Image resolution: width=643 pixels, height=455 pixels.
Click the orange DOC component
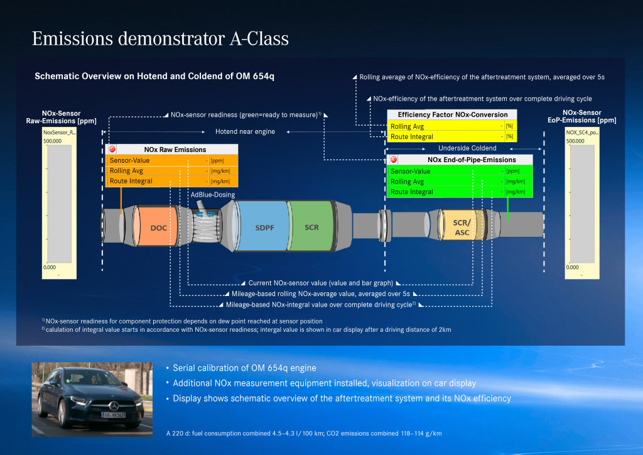coord(158,227)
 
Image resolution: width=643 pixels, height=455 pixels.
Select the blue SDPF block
coord(263,227)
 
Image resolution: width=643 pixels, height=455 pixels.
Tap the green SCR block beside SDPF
coord(311,227)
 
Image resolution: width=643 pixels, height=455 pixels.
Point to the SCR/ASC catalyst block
coord(462,227)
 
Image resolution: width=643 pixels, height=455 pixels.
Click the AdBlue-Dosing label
coord(213,195)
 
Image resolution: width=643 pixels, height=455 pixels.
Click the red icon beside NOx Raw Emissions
coord(112,150)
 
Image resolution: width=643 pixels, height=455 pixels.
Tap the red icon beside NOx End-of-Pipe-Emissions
coord(394,160)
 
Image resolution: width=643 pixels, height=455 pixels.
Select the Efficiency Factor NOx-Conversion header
coord(453,114)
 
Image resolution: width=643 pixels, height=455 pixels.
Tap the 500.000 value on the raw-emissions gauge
coord(52,141)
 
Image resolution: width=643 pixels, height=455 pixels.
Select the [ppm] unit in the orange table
coord(217,161)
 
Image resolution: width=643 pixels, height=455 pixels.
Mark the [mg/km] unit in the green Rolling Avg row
coord(515,182)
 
